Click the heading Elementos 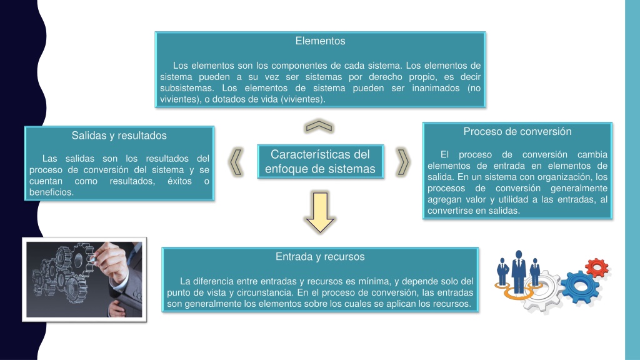click(320, 41)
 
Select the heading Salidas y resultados click(119, 136)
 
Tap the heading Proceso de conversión click(517, 131)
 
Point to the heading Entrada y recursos click(320, 257)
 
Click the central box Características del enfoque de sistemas click(321, 162)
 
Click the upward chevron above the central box click(319, 126)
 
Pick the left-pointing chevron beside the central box click(236, 162)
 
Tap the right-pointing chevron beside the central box click(403, 162)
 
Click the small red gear click(597, 268)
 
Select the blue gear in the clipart click(580, 287)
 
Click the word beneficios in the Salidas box click(51, 192)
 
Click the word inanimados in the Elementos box click(436, 88)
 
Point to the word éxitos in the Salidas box click(179, 181)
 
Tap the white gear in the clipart click(543, 290)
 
